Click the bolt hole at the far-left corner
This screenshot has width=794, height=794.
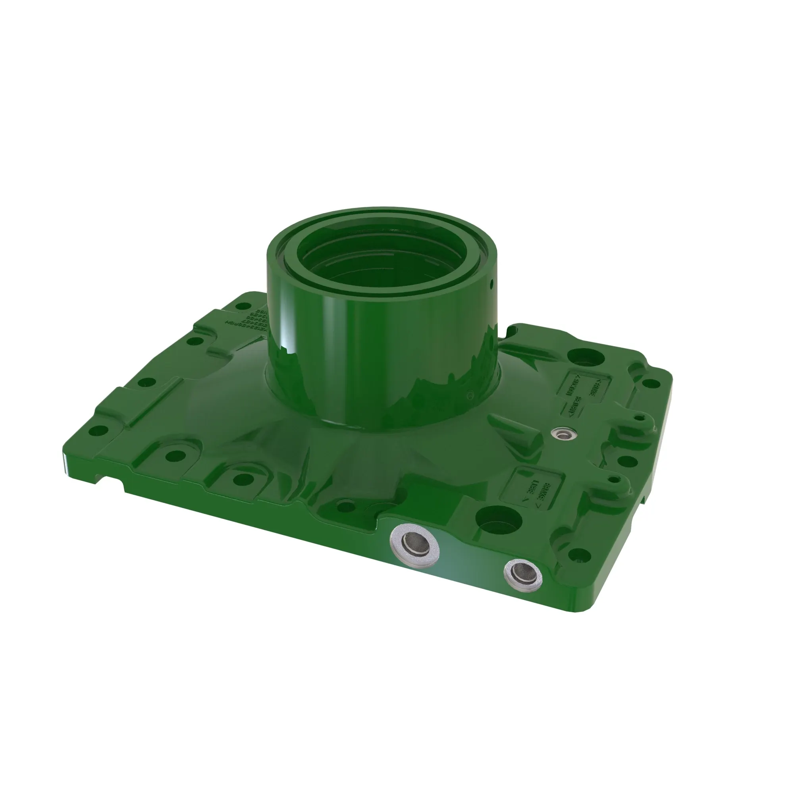pos(97,432)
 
